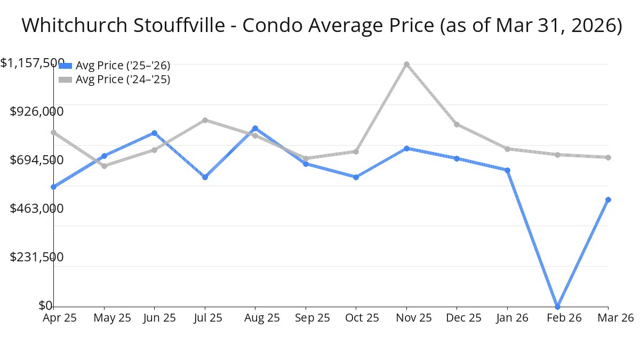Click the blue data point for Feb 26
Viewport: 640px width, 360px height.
click(558, 307)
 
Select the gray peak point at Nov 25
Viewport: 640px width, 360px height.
click(406, 65)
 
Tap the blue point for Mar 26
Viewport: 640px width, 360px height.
click(608, 199)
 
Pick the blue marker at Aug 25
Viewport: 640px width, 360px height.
click(255, 129)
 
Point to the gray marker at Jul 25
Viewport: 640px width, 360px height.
click(205, 121)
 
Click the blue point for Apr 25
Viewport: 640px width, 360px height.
click(54, 187)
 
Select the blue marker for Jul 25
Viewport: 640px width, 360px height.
click(205, 177)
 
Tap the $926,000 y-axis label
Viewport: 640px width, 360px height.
click(37, 111)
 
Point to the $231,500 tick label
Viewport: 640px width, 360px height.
click(37, 257)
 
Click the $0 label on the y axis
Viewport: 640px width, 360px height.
click(45, 306)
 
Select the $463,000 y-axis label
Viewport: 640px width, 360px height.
click(37, 209)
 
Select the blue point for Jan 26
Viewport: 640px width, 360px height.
click(507, 171)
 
